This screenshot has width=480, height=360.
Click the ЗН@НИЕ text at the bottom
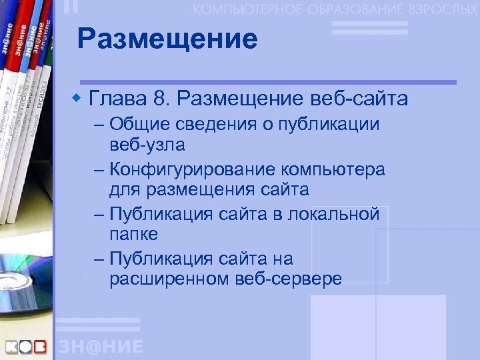101,347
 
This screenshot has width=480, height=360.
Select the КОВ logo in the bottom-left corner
27,347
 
